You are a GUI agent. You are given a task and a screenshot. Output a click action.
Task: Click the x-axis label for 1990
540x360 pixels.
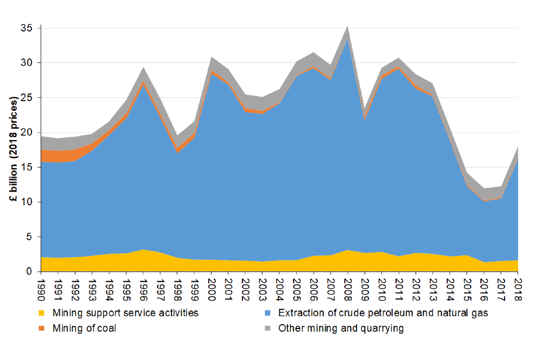click(x=41, y=287)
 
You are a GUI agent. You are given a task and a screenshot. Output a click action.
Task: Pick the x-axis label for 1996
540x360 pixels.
click(x=143, y=287)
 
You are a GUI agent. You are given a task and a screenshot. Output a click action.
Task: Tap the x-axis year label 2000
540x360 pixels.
click(x=211, y=287)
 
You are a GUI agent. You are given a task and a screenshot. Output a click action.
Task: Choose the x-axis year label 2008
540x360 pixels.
click(x=348, y=287)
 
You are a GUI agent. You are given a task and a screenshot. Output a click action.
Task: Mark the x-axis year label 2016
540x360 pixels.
click(x=484, y=287)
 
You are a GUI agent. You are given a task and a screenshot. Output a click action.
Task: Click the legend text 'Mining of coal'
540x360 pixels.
click(x=84, y=328)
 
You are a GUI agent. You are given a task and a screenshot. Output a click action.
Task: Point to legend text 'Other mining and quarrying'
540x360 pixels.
click(x=341, y=328)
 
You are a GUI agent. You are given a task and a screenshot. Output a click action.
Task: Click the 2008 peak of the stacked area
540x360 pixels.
click(x=348, y=26)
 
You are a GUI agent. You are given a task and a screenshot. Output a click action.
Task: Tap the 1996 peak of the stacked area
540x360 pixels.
click(x=143, y=67)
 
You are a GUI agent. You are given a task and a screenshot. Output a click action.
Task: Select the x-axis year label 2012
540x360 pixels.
click(x=416, y=287)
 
